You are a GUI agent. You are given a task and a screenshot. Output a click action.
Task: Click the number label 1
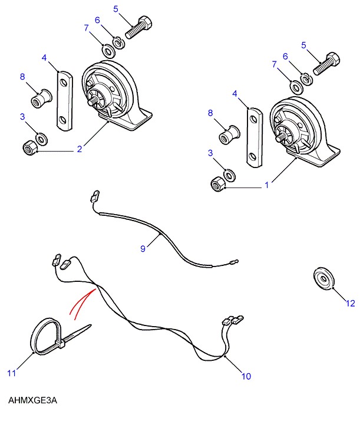pyautogui.click(x=266, y=185)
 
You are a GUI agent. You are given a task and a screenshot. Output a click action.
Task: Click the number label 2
pyautogui.click(x=79, y=149)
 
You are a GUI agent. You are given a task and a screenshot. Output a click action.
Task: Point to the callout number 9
pyautogui.click(x=143, y=249)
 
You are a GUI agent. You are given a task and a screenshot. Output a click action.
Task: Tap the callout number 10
pyautogui.click(x=246, y=376)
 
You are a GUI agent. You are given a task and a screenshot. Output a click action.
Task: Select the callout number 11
pyautogui.click(x=10, y=372)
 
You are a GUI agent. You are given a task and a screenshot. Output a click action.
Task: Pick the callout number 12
pyautogui.click(x=351, y=304)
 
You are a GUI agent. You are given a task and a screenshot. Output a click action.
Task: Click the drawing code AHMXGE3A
pyautogui.click(x=32, y=400)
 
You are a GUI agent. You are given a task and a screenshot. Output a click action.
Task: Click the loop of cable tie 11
pyautogui.click(x=45, y=336)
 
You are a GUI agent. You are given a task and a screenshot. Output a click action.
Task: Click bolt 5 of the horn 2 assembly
pyautogui.click(x=137, y=28)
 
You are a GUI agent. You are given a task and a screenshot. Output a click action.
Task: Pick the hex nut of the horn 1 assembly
pyautogui.click(x=217, y=185)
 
